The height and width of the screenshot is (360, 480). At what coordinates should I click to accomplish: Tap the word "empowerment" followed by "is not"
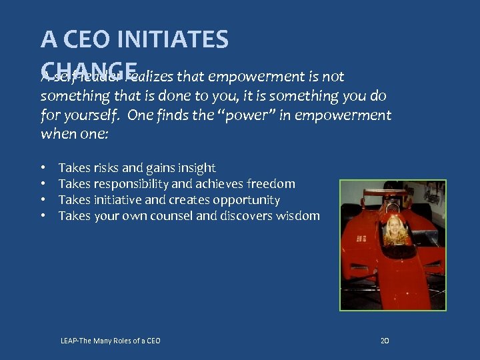tap(253, 77)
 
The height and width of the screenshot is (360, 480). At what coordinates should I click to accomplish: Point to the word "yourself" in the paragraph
tap(93, 115)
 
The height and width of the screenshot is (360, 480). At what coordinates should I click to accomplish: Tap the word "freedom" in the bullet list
tap(271, 184)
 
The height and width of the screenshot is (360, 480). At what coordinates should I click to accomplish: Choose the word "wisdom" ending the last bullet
tap(295, 216)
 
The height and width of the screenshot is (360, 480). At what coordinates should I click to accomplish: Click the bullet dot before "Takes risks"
tap(43, 168)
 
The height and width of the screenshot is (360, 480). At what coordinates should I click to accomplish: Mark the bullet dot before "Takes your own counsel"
tap(43, 216)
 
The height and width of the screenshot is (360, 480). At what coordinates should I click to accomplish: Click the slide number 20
tap(384, 341)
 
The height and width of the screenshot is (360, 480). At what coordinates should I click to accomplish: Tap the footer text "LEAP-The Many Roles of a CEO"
tap(110, 341)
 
